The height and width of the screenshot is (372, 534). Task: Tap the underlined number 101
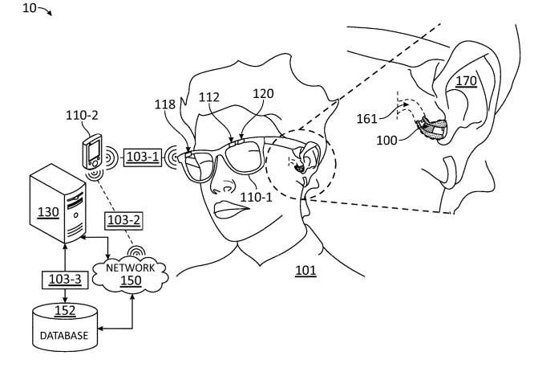(x=305, y=272)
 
